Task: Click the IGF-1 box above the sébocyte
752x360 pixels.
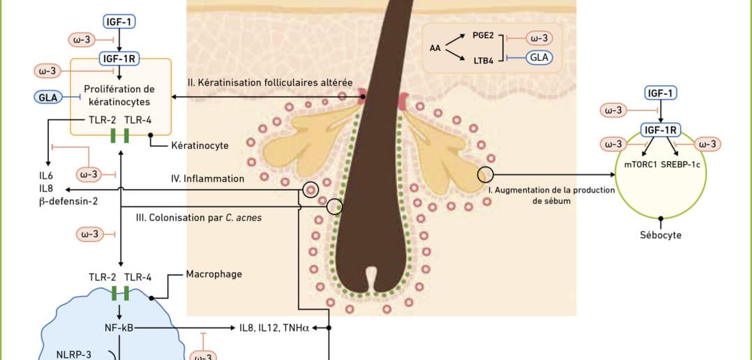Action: point(661,92)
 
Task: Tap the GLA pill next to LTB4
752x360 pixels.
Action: point(539,57)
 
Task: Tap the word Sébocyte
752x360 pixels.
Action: point(661,235)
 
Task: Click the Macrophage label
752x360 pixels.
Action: point(214,274)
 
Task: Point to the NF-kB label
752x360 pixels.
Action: point(119,327)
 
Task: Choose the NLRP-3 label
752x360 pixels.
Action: point(73,354)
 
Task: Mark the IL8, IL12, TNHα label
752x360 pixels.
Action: point(273,327)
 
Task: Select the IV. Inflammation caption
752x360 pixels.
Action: point(207,179)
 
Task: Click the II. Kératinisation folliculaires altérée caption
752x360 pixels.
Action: point(269,82)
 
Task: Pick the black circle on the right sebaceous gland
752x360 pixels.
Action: point(485,174)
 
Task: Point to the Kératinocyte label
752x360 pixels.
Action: point(200,146)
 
